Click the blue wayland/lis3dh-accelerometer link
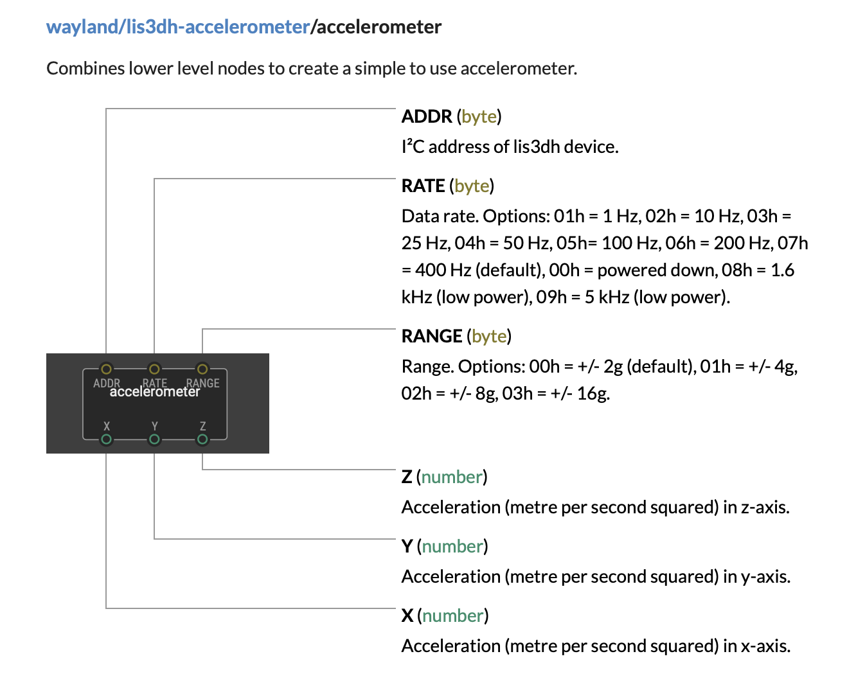(178, 28)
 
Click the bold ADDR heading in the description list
(427, 116)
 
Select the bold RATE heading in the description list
(424, 186)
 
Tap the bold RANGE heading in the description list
(432, 336)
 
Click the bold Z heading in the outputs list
(407, 477)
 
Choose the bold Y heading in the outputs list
(407, 547)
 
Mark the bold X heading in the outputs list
(407, 616)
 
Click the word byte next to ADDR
(479, 117)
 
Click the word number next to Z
(452, 477)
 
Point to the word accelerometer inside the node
(155, 392)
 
